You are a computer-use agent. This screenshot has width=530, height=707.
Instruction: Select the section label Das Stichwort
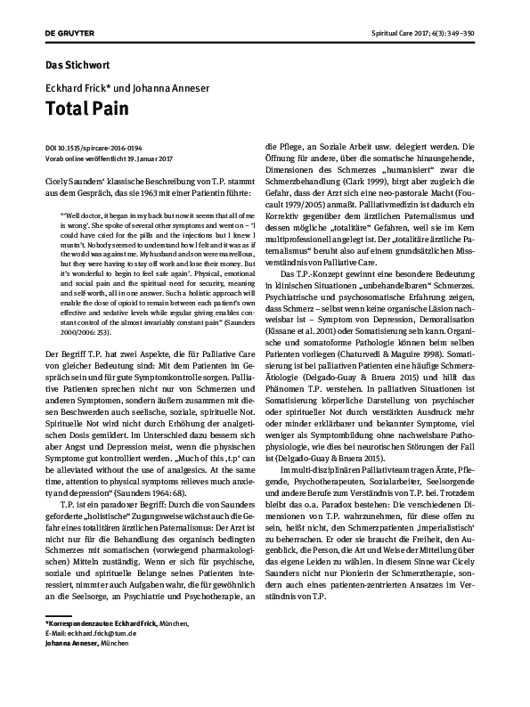[78, 65]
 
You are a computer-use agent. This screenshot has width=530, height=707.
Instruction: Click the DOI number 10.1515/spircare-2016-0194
[103, 147]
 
